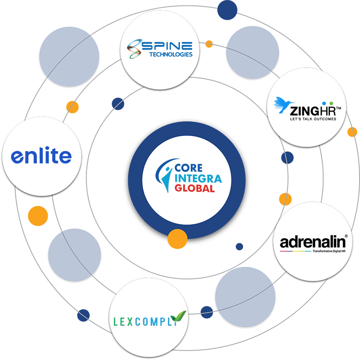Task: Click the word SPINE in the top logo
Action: [x=167, y=46]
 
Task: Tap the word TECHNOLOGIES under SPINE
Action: [x=171, y=54]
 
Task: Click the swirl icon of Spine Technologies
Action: [x=134, y=49]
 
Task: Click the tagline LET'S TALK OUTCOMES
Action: [x=313, y=119]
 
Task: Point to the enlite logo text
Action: [x=41, y=155]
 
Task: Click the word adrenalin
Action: [x=312, y=242]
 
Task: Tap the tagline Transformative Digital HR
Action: [x=329, y=251]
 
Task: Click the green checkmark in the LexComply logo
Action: [x=178, y=316]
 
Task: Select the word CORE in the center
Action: [x=189, y=168]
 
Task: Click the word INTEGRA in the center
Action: [x=198, y=179]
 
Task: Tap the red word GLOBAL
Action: [x=194, y=188]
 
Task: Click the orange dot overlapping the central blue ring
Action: [x=177, y=239]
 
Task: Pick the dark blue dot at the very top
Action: [x=227, y=10]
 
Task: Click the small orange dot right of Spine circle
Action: [x=209, y=44]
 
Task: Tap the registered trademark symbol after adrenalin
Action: [x=346, y=236]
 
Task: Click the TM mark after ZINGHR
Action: [x=339, y=108]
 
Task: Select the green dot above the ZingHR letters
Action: [x=331, y=103]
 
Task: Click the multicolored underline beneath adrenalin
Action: [x=295, y=251]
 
